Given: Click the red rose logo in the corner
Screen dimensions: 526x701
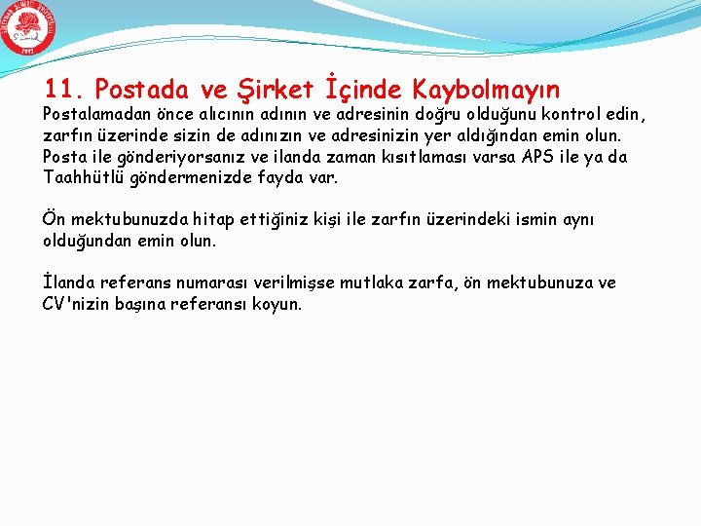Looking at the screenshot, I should tap(28, 29).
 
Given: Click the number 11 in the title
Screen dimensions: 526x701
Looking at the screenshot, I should tap(61, 91).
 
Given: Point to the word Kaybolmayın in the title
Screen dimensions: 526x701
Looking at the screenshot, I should tap(486, 91).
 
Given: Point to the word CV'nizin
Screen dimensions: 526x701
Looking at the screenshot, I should tap(77, 304).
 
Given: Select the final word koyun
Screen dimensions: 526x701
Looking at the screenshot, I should tap(279, 304).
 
